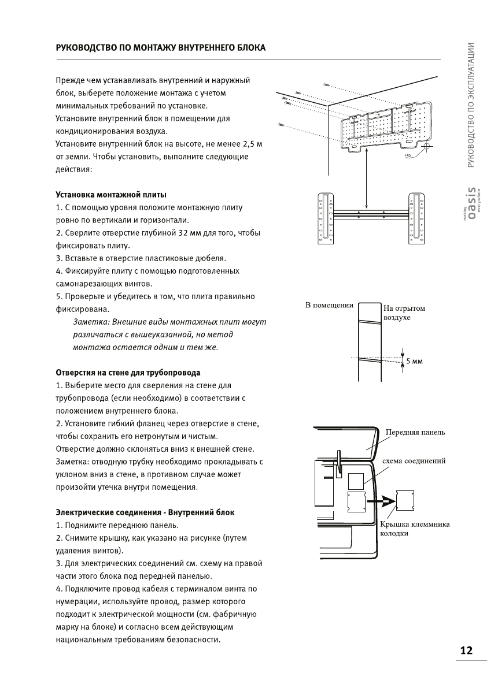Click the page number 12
point(466,650)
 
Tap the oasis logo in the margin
point(471,206)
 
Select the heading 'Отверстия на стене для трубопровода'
point(128,372)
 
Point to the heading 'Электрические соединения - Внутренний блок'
point(145,512)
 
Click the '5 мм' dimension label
point(415,362)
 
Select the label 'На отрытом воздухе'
point(404,313)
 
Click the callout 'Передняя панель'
point(415,432)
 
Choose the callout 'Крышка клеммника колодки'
point(414,529)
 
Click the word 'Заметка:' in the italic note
point(90,322)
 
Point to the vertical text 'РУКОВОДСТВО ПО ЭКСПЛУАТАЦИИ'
point(471,105)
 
